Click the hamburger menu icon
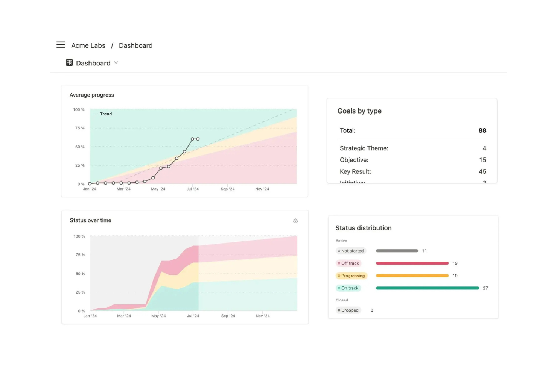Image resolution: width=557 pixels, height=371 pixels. point(61,45)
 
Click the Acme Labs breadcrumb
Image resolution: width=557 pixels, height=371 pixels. point(88,45)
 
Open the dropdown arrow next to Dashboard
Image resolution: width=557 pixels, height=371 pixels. point(116,63)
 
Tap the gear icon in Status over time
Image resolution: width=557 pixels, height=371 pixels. point(295,221)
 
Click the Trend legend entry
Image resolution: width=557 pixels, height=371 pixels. point(105,114)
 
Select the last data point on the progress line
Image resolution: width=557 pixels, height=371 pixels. point(198,139)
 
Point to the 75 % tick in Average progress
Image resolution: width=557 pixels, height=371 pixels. point(80,128)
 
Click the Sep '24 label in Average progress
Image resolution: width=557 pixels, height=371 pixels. point(227,189)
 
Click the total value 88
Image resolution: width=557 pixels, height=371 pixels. point(482,130)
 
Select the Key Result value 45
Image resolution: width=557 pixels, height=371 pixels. point(482,171)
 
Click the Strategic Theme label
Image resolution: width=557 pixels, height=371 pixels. point(364,148)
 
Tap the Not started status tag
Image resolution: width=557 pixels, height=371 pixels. point(351,251)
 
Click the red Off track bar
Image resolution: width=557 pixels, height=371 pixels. point(412,263)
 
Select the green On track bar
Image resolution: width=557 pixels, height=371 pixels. point(427,288)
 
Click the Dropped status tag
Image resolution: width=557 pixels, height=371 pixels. point(348,310)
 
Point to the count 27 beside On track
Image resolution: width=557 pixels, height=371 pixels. point(485,288)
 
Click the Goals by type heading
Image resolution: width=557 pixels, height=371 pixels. point(359,111)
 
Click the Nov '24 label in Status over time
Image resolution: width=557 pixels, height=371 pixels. point(262,316)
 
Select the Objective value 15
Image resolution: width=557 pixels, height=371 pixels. point(482,160)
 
